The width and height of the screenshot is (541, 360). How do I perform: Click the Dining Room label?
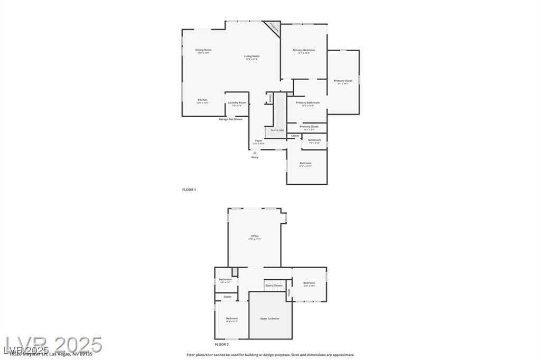(203, 50)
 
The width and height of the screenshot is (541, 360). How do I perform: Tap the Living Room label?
(251, 56)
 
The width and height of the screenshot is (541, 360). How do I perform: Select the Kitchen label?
(202, 100)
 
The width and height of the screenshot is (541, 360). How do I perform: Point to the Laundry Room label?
(237, 102)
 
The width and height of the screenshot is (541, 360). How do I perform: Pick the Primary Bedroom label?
(304, 50)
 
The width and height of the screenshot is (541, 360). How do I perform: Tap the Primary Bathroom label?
(307, 102)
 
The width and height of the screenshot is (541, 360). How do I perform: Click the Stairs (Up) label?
(277, 130)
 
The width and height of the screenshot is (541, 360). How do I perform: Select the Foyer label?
(258, 140)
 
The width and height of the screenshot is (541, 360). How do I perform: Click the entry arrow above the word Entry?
(255, 153)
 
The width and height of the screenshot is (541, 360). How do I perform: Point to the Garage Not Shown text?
(231, 119)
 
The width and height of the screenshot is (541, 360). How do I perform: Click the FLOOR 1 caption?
(189, 190)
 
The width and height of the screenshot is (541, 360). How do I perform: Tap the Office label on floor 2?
(255, 236)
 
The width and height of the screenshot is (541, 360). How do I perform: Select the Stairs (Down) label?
(274, 286)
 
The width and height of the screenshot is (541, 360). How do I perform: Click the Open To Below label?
(269, 319)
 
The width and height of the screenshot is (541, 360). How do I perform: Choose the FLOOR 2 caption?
(221, 344)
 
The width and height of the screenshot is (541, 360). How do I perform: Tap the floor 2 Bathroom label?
(226, 279)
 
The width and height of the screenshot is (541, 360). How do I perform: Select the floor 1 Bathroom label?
(314, 140)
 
